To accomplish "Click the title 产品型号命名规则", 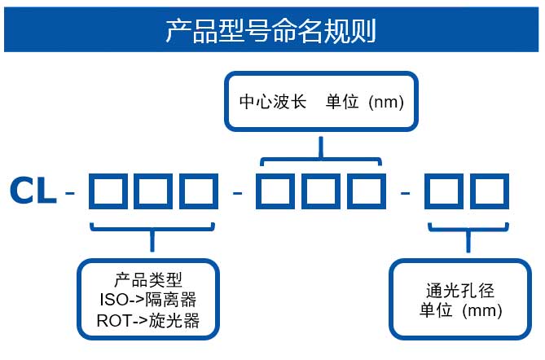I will coord(271,30).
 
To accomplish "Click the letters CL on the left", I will coord(33,192).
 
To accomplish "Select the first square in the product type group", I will coord(107,192).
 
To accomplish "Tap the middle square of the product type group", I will coord(153,192).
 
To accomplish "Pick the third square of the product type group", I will coord(200,192).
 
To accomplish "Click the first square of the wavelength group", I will coord(275,192).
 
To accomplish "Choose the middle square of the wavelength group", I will coord(321,192).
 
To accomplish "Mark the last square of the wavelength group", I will coord(367,192).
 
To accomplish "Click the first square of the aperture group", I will coord(443,192).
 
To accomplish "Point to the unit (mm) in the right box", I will coord(461,310).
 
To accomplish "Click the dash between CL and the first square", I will coord(71,193).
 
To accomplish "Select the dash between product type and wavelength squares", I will coord(238,193).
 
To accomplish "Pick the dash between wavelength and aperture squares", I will coord(406,193).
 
